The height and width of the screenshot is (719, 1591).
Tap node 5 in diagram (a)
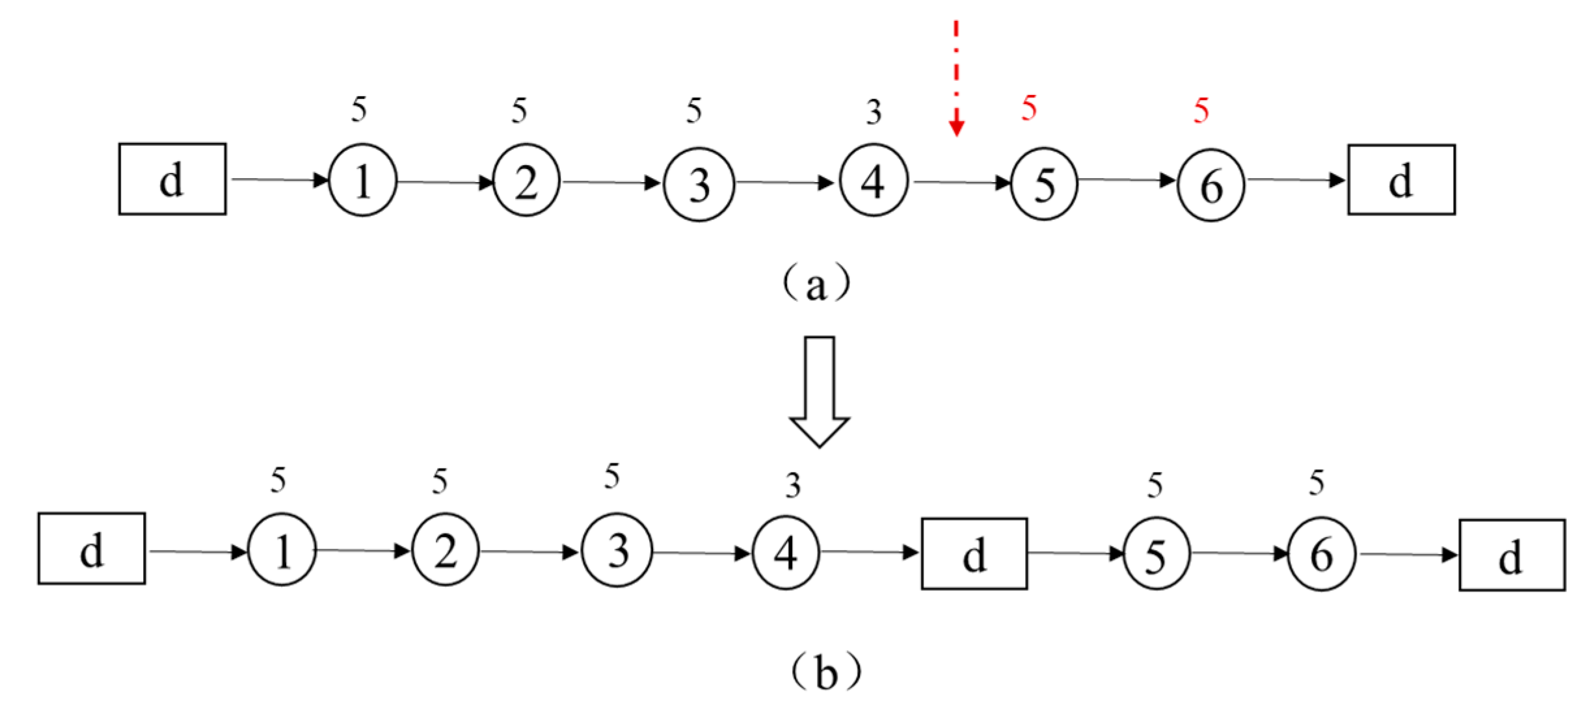pos(1043,184)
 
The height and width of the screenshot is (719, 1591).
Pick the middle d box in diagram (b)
pos(974,554)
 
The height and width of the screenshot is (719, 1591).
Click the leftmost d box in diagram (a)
pos(172,179)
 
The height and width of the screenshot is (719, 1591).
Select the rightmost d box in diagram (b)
pos(1512,555)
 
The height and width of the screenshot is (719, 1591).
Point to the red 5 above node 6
pos(1201,111)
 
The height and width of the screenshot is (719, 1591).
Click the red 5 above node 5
pos(1028,108)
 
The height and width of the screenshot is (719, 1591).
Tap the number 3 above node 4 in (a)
pos(873,113)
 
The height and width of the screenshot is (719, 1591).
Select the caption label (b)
pos(825,673)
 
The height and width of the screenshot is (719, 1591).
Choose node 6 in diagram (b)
pos(1321,555)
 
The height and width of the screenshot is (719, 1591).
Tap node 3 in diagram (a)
pos(699,183)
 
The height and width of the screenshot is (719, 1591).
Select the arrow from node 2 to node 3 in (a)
pos(611,183)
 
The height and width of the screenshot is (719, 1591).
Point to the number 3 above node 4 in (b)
pos(792,486)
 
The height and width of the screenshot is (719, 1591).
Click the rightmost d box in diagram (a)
pos(1401,180)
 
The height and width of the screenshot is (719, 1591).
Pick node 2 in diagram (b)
pos(445,551)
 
